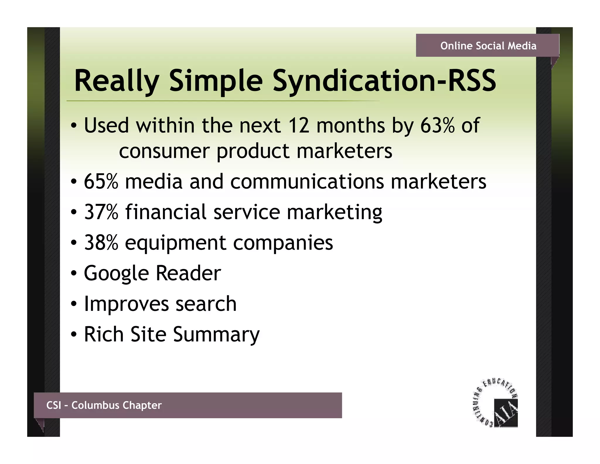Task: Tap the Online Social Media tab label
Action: pos(488,46)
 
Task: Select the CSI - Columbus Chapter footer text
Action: pos(104,405)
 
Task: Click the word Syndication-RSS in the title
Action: pos(384,81)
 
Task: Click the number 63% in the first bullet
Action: pos(437,125)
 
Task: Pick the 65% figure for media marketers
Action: pos(101,181)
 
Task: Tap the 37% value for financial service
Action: pos(101,212)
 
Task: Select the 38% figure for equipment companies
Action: pos(101,243)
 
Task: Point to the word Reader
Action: pos(188,273)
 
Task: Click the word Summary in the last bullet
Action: pos(216,335)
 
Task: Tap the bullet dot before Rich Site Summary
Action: pos(74,334)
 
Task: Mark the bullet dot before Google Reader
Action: pos(74,273)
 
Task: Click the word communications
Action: pos(307,181)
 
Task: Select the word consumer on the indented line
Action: pos(164,151)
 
